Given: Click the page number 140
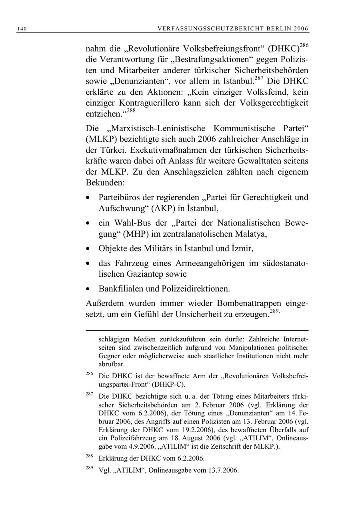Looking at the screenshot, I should pos(22,28).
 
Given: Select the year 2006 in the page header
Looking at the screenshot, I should pos(300,28).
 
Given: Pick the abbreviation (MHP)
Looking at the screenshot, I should pos(143,234).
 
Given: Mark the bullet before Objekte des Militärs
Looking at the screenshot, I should pos(88,249).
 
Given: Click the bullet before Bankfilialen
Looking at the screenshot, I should pos(88,289).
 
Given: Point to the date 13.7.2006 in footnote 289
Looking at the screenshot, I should pos(223,470).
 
